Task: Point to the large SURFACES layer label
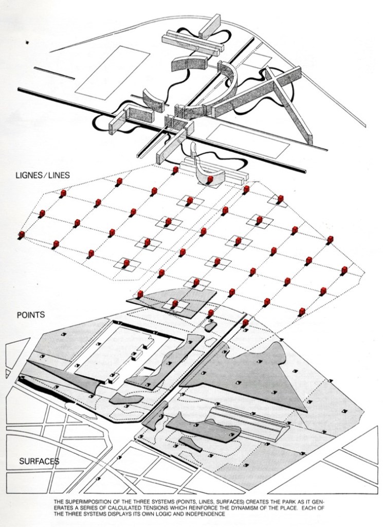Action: coord(39,461)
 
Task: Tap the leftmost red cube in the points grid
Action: coord(22,235)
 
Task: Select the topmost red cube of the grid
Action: coord(175,169)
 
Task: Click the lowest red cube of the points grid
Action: coord(246,323)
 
